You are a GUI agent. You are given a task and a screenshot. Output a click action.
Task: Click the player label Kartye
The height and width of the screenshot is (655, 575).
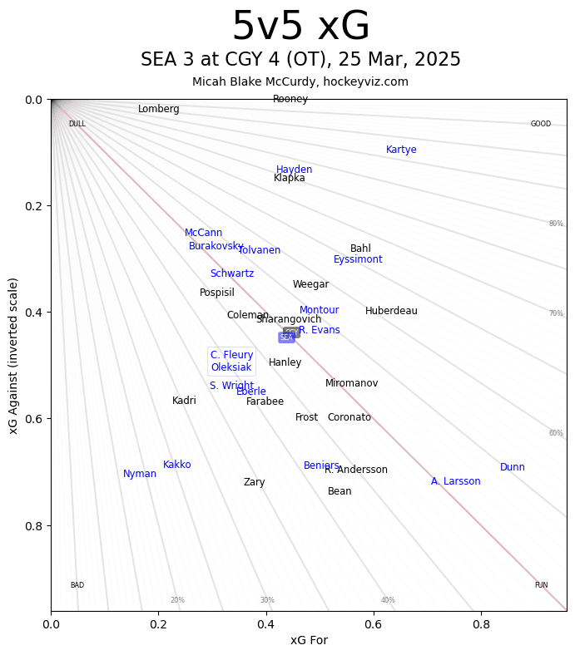click(401, 150)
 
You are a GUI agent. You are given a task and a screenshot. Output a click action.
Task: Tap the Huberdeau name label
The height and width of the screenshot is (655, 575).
click(391, 312)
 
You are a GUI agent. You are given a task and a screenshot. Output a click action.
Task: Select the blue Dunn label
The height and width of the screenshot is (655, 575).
click(513, 468)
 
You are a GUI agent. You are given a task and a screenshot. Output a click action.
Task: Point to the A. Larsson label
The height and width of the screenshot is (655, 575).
click(455, 482)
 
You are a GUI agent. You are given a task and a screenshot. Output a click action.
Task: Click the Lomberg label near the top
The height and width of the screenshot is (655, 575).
click(159, 110)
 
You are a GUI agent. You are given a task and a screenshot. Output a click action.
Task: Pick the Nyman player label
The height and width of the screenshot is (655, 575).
click(140, 475)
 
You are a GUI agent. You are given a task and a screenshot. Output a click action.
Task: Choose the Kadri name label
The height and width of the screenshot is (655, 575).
click(184, 401)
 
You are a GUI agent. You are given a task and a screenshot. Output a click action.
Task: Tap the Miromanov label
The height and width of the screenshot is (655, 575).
click(351, 384)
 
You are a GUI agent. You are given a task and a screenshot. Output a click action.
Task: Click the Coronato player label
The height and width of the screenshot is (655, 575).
click(349, 418)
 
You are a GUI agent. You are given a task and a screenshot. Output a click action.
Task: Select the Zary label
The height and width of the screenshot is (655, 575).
click(255, 483)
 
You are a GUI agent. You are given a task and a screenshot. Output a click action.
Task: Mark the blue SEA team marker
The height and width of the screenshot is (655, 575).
click(286, 337)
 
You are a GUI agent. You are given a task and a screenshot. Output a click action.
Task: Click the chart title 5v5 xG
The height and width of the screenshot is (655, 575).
click(300, 27)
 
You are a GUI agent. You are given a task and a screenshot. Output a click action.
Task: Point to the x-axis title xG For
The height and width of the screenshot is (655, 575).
click(309, 640)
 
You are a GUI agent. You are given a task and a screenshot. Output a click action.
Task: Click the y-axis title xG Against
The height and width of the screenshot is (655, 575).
click(13, 355)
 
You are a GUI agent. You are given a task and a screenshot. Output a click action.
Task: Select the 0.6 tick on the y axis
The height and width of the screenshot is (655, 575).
click(32, 419)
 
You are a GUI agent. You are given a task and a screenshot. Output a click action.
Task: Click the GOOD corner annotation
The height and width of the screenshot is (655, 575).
click(541, 125)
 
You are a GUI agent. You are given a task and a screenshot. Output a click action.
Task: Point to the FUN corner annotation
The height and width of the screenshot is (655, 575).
click(541, 586)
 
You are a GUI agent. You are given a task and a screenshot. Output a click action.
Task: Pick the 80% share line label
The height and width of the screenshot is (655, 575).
click(556, 224)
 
